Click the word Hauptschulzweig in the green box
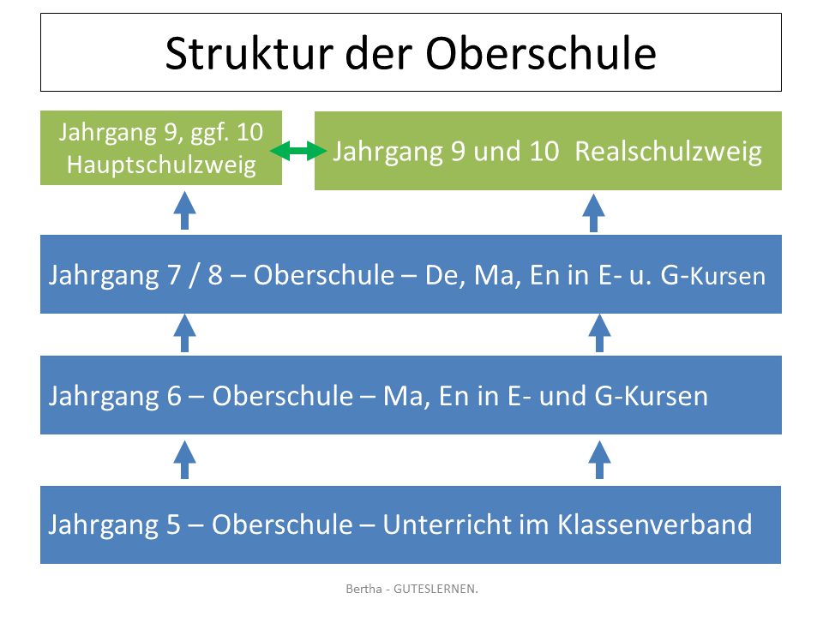(x=161, y=165)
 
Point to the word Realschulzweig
(x=669, y=153)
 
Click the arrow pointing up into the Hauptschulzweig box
(x=184, y=212)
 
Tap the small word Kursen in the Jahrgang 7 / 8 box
(x=729, y=278)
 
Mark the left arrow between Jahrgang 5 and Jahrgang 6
(x=184, y=459)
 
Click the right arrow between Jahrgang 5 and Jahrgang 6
(x=599, y=459)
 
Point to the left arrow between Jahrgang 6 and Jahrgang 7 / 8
(x=184, y=333)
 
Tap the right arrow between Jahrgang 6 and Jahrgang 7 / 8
(x=599, y=333)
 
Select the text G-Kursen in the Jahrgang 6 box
(x=651, y=397)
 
